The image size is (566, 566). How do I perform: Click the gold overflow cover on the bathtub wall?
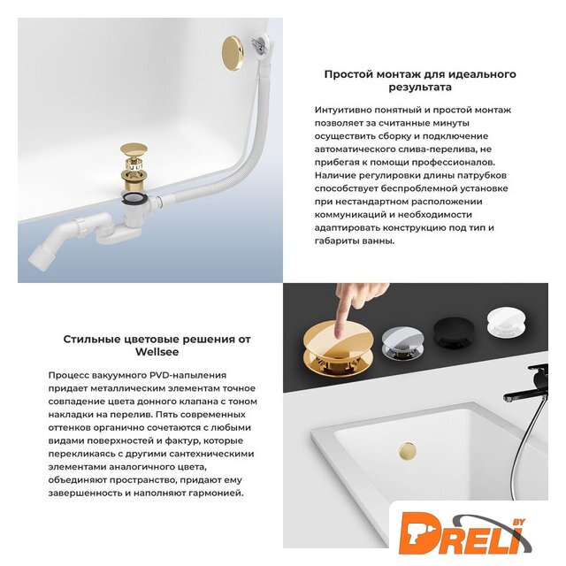tap(233, 53)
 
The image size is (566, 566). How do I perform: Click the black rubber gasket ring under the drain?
tap(134, 198)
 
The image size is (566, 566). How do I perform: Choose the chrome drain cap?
tap(401, 342)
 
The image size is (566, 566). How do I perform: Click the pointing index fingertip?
tap(339, 332)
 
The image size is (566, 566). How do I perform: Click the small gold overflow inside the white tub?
tap(408, 451)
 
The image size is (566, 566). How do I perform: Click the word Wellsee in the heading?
tap(157, 352)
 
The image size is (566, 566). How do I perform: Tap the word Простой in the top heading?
tap(348, 74)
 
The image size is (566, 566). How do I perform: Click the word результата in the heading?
tap(420, 88)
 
